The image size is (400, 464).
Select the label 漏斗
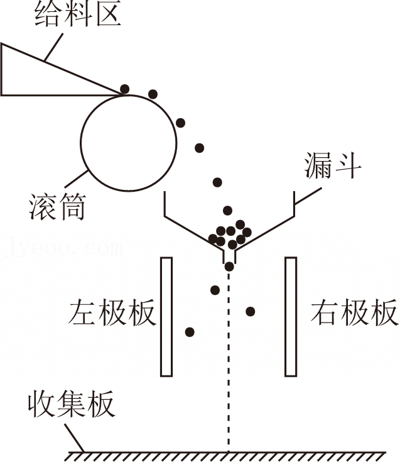(333, 166)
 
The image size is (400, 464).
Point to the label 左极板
(113, 312)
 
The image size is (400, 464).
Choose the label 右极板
(355, 312)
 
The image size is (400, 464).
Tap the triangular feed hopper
(38, 75)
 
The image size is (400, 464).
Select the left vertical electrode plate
(166, 316)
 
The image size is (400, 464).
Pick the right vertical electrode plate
(291, 316)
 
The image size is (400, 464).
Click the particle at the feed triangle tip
(125, 89)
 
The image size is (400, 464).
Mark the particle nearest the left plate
(190, 331)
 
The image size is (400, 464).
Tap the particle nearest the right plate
(251, 311)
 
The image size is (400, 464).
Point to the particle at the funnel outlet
(229, 267)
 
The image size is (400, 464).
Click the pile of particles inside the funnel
(229, 235)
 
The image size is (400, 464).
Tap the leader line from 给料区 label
(53, 47)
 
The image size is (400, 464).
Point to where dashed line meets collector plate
(229, 451)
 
